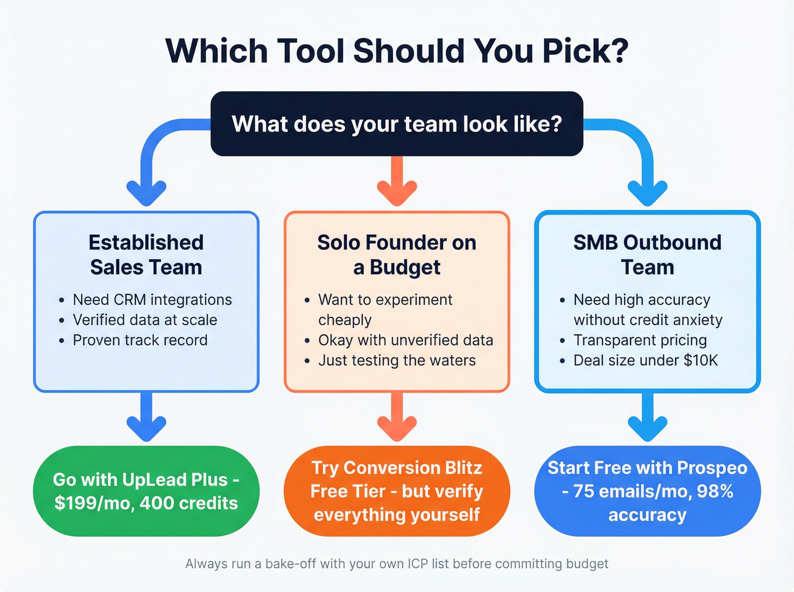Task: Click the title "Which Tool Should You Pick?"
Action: click(x=397, y=51)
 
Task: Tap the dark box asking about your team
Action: click(x=397, y=123)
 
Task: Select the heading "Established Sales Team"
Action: click(x=146, y=255)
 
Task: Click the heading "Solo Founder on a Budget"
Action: click(x=397, y=255)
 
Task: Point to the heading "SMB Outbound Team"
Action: click(x=647, y=255)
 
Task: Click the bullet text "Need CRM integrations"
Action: click(x=152, y=300)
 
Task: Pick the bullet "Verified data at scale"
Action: click(x=145, y=320)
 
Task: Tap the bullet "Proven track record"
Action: click(x=140, y=340)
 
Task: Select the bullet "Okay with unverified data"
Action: click(x=406, y=340)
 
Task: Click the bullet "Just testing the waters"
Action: click(x=397, y=361)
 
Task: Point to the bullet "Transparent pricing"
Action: click(x=640, y=340)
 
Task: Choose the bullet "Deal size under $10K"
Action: click(x=645, y=361)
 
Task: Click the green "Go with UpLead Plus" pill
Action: click(x=146, y=491)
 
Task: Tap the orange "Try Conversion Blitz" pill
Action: click(x=397, y=491)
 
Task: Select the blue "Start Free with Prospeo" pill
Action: click(x=647, y=491)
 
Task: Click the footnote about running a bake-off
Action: click(x=397, y=564)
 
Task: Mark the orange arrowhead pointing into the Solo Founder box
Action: click(x=397, y=193)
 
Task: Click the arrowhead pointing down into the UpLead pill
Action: click(x=146, y=428)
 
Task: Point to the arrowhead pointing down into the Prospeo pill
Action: click(x=647, y=428)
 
